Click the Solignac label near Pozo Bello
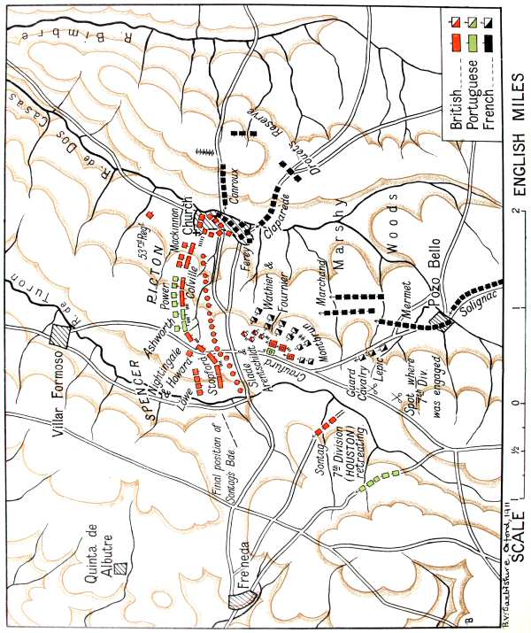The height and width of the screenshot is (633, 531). (x=473, y=306)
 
